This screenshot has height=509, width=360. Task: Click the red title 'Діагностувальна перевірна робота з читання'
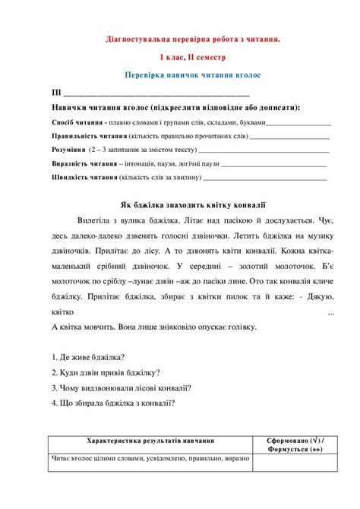coord(192,39)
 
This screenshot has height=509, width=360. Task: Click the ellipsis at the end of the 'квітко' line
coord(330,312)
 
